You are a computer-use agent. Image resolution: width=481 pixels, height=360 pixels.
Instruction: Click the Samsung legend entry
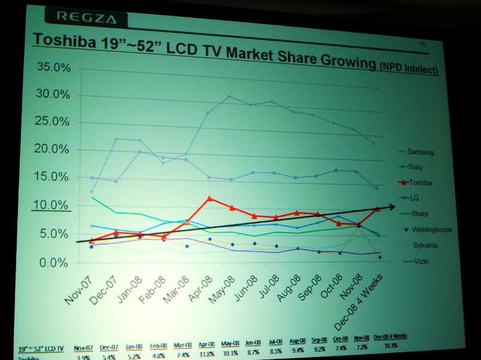point(420,152)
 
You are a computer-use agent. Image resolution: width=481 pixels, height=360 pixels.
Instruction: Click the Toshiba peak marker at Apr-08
point(209,199)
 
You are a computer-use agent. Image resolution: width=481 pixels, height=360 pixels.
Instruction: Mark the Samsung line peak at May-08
point(229,97)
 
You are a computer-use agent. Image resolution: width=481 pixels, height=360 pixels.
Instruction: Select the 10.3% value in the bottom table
point(390,346)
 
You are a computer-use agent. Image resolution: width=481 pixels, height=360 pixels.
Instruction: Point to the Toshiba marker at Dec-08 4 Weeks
point(377,209)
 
